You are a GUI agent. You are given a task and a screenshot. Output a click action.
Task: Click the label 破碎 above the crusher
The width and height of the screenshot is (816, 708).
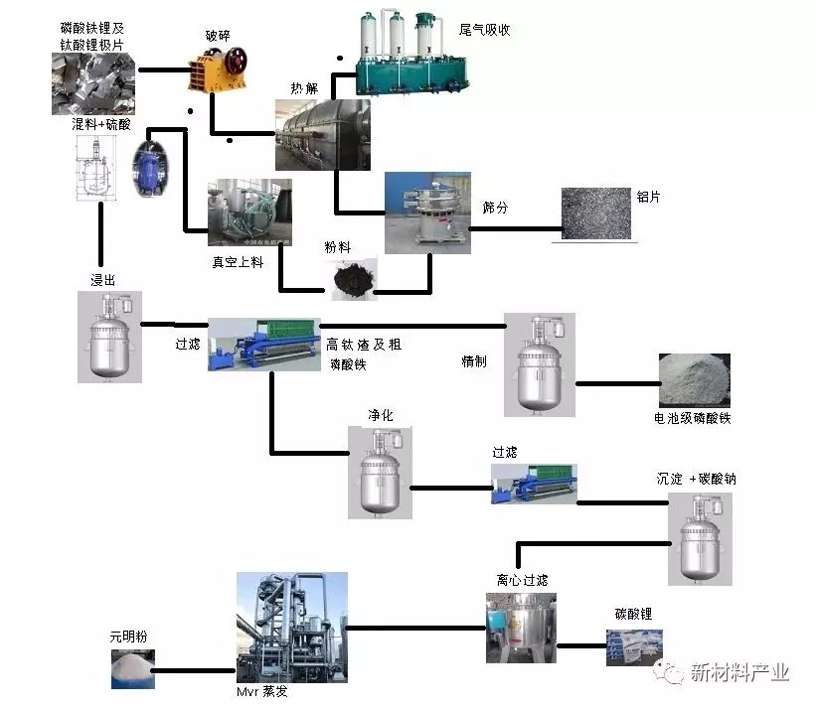(x=217, y=37)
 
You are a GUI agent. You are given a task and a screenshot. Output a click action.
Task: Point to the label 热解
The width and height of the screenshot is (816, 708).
(x=304, y=88)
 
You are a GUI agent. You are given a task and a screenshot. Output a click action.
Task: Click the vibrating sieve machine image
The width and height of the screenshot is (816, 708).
(x=426, y=212)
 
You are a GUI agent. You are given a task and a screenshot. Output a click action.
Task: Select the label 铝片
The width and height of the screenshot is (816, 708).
(x=647, y=197)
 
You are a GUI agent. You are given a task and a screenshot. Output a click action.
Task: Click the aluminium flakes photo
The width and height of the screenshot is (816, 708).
(x=595, y=213)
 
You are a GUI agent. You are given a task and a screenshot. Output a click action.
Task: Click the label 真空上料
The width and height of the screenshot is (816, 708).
(x=237, y=262)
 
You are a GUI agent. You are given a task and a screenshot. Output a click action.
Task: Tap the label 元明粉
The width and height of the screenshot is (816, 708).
(x=129, y=637)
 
